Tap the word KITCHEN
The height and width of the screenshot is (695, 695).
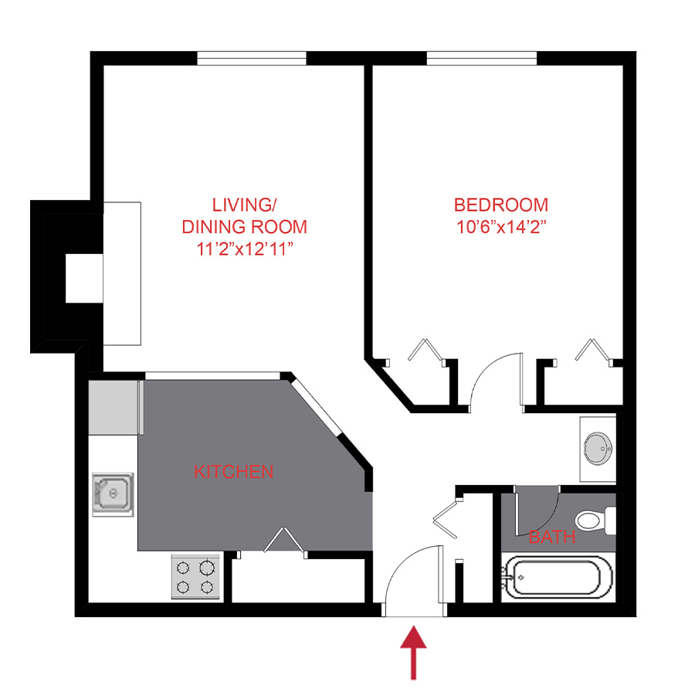233,471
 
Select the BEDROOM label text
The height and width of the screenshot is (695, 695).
501,205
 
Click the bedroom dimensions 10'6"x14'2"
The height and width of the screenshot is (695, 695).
501,228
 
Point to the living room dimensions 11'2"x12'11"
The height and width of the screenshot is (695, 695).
244,249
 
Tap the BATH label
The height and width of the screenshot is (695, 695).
552,537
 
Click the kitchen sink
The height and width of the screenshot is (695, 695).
114,493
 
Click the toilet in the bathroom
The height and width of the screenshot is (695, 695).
595,520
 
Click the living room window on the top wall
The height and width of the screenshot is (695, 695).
252,58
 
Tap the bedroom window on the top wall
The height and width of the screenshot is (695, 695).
482,58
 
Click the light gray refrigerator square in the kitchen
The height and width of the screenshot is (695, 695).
114,406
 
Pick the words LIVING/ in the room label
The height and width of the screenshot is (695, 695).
244,205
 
